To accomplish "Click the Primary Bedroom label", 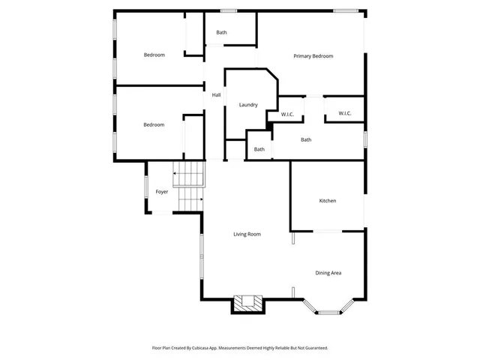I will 313,56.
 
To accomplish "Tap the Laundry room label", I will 248,105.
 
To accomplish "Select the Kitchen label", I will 327,201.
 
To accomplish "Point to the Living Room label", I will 247,235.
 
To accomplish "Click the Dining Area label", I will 328,273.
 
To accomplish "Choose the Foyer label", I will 162,192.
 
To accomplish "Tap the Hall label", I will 216,95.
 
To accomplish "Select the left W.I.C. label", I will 287,114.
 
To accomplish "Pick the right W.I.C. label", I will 345,113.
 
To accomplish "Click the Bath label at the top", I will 221,33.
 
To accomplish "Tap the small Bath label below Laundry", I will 259,149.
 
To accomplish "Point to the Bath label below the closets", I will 306,139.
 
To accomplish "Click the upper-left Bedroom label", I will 154,55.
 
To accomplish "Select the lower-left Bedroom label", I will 154,124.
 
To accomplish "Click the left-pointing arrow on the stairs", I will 180,173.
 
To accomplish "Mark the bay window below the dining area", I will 328,310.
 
